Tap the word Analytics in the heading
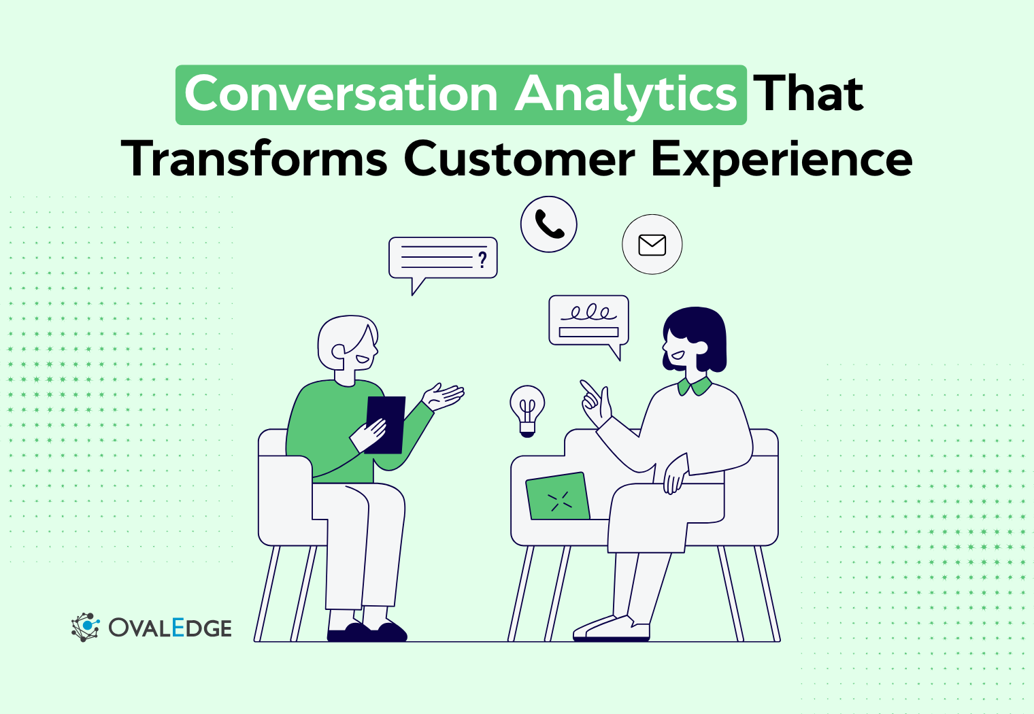click(x=626, y=95)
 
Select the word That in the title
click(x=809, y=94)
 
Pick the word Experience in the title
click(x=782, y=160)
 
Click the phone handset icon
click(x=549, y=224)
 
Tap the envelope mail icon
click(x=652, y=245)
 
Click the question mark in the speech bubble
click(x=482, y=259)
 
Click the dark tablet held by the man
click(x=386, y=423)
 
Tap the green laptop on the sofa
click(x=558, y=497)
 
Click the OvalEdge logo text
click(x=170, y=628)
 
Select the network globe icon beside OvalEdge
click(x=85, y=627)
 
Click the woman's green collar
click(x=695, y=387)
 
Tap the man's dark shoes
click(x=367, y=632)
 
